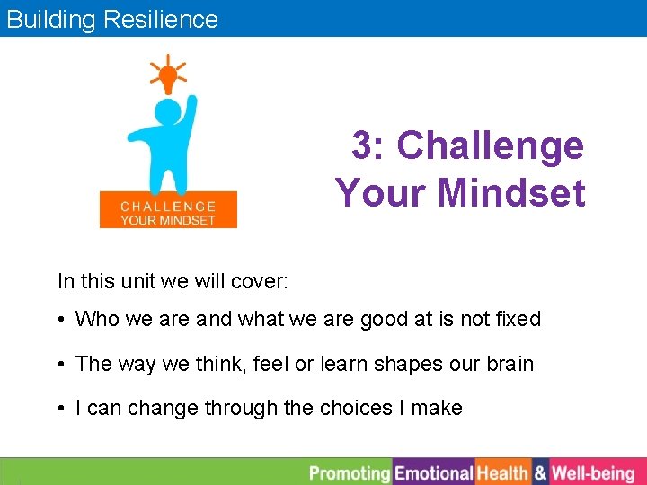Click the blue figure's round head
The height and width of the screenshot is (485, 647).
tap(168, 113)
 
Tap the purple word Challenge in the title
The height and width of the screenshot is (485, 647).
tap(490, 145)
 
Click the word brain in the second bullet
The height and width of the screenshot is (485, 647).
tap(510, 364)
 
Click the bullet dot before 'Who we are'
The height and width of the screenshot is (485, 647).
tap(64, 320)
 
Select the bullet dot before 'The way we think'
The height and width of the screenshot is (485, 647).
tap(64, 365)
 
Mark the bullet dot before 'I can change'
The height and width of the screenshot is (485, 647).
tap(64, 409)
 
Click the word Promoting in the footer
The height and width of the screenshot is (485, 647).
tap(350, 472)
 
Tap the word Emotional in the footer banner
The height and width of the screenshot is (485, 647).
tap(434, 472)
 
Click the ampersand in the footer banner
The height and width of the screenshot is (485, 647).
tap(540, 472)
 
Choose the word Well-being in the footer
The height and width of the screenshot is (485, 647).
tap(593, 472)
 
